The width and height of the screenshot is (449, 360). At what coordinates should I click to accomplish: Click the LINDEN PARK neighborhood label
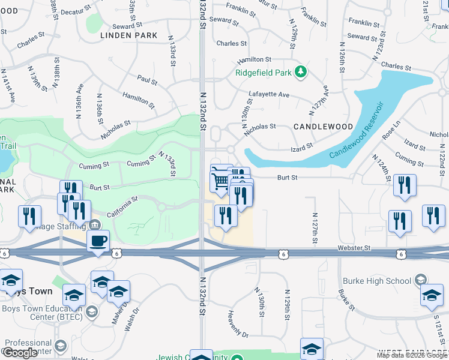coord(129,35)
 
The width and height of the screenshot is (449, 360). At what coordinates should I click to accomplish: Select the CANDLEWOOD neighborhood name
coord(324,127)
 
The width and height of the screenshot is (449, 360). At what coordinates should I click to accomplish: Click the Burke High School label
coord(376,280)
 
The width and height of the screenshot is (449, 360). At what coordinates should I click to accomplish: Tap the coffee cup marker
coord(98,241)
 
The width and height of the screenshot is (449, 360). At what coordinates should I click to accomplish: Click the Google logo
coord(20,353)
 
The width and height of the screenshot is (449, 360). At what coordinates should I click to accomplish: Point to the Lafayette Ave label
coord(269,95)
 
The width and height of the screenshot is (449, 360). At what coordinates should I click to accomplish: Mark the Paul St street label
coord(146,80)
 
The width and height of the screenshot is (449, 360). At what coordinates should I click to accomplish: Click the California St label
coord(122,207)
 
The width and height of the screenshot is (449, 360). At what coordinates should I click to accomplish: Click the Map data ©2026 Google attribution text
coord(412,355)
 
